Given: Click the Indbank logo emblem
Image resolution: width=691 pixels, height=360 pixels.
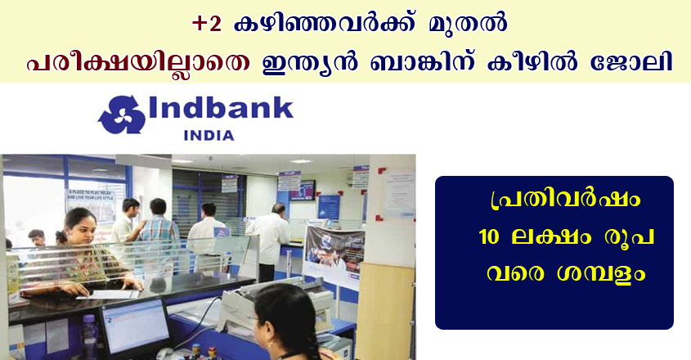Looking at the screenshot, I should coord(122,115).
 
